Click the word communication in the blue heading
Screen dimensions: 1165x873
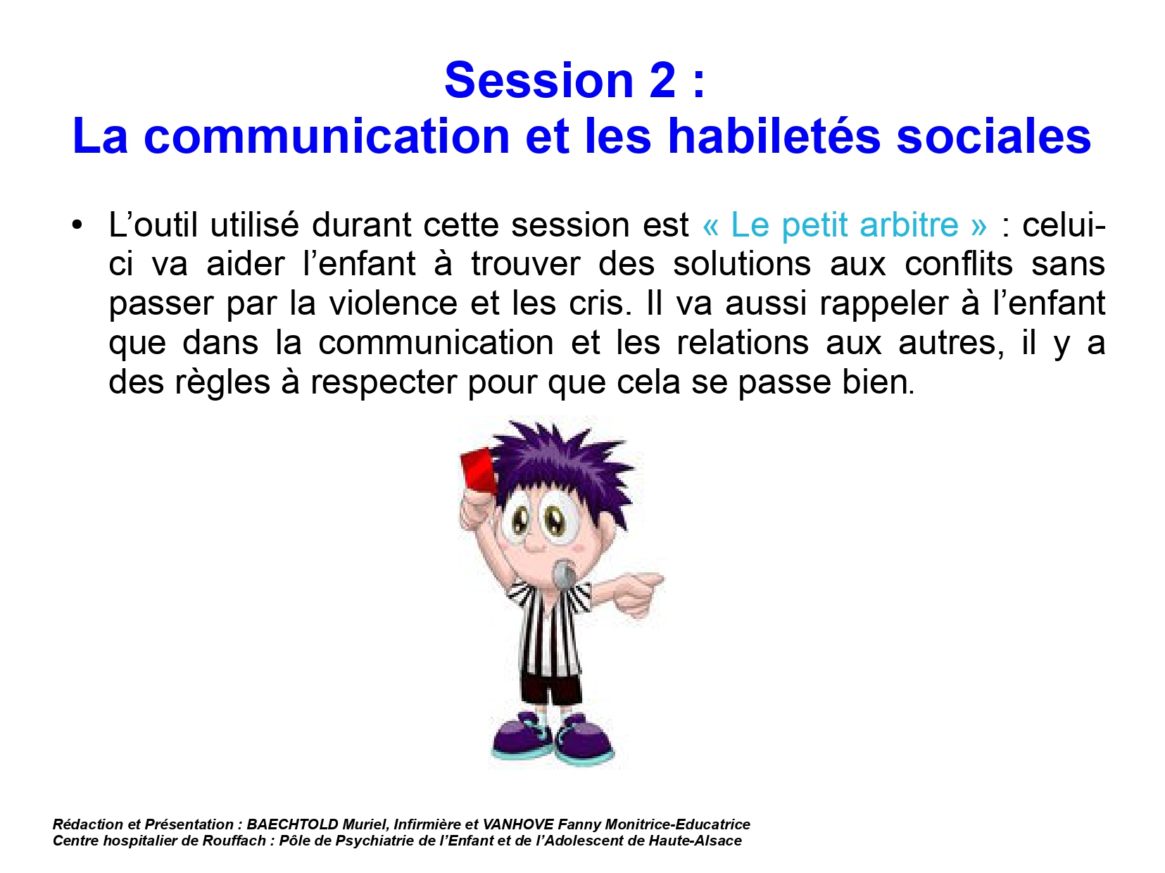tap(327, 136)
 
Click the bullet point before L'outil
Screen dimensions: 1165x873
tap(77, 225)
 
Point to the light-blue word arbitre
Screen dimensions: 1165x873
tap(909, 225)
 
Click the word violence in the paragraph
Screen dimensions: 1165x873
tap(393, 303)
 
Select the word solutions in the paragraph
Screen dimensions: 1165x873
tap(742, 264)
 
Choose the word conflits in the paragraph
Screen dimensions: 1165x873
tap(959, 264)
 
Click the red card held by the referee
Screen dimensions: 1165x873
tap(478, 469)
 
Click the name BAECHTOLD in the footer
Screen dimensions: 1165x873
tap(292, 824)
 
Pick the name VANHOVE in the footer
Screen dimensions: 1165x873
tap(518, 824)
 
